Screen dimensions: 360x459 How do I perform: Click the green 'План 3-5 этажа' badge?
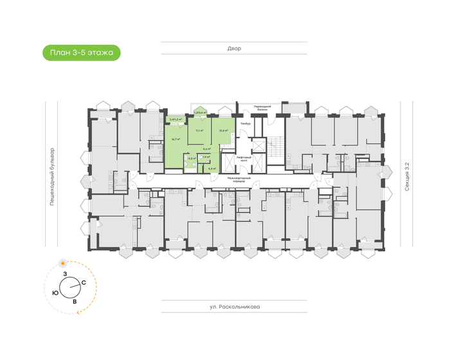(x=82, y=53)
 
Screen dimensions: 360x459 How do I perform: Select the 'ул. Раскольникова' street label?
(x=234, y=307)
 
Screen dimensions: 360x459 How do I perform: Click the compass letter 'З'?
(x=65, y=274)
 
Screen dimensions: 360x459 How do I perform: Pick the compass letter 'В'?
(x=75, y=301)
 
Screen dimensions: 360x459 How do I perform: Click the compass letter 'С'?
(x=84, y=282)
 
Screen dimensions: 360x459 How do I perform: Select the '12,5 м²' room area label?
(x=222, y=130)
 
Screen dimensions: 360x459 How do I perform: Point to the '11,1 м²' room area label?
(x=199, y=130)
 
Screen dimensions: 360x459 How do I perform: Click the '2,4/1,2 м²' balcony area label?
(x=175, y=119)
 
